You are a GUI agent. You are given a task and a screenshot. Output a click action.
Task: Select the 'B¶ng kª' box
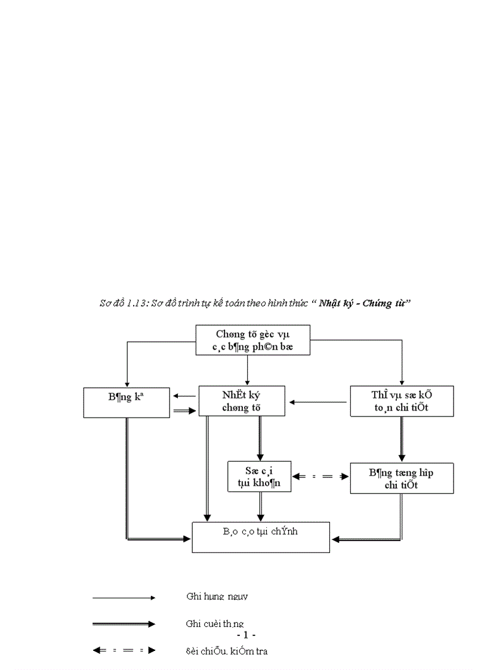(x=127, y=402)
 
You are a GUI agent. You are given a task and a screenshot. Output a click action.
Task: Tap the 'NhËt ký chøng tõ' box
(x=242, y=401)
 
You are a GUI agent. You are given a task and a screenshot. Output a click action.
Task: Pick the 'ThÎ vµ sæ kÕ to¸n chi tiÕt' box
(x=401, y=401)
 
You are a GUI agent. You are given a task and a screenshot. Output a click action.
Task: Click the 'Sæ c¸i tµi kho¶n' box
(x=260, y=476)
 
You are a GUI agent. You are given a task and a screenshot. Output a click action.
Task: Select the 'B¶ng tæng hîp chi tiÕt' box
(x=401, y=478)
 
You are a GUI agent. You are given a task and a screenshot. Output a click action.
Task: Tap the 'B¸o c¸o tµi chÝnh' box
(x=261, y=537)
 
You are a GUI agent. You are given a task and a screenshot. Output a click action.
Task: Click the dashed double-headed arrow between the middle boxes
(x=321, y=477)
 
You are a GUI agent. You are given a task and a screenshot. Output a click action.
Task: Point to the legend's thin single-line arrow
(x=124, y=597)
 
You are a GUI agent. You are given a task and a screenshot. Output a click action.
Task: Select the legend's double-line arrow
(x=124, y=624)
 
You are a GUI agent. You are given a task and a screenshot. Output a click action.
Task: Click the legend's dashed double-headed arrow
(x=124, y=651)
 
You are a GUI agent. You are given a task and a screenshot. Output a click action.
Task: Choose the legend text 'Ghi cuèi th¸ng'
(x=214, y=623)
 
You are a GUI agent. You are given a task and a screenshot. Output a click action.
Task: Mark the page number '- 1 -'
(x=246, y=635)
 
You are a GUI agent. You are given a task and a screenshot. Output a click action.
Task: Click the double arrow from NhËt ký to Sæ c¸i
(x=260, y=438)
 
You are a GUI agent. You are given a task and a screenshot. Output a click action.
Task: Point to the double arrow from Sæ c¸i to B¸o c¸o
(x=260, y=507)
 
